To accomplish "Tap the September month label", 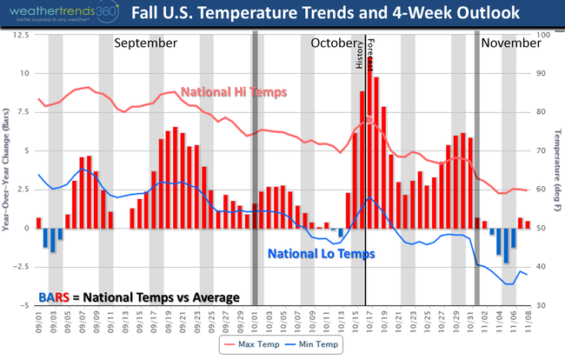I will [146, 43].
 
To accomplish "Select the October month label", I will [334, 43].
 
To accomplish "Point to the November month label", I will [512, 43].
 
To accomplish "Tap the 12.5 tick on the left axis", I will [18, 35].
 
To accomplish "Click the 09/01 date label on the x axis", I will [39, 323].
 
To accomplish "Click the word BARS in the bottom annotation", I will [57, 297].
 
